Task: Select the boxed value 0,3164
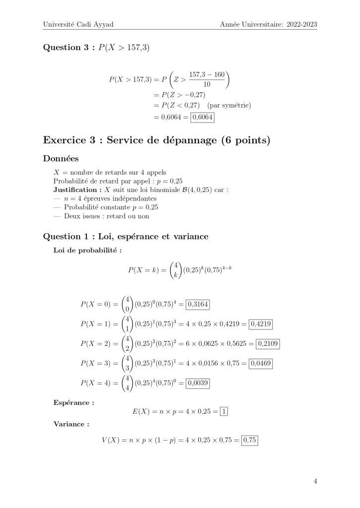point(204,305)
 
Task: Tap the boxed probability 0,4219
point(261,324)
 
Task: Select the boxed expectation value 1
point(223,412)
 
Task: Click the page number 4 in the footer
point(315,481)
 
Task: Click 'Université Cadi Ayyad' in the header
point(76,23)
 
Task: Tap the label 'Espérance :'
point(73,402)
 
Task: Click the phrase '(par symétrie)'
point(229,105)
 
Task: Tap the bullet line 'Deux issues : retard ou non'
point(106,216)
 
